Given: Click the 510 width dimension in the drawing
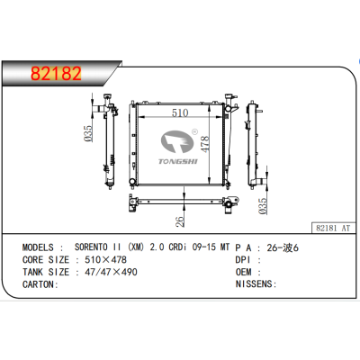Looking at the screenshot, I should (x=180, y=113).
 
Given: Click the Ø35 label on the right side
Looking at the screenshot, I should (x=263, y=208).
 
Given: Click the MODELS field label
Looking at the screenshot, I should (x=39, y=246).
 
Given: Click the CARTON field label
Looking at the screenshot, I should (x=38, y=283).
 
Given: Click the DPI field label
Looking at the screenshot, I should (x=245, y=258).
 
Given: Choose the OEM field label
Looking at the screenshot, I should (x=245, y=271).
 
